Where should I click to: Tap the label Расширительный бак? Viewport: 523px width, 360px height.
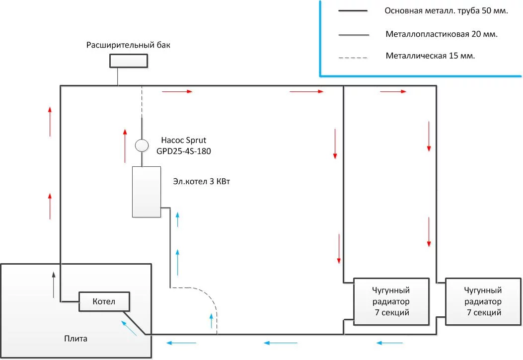(128, 45)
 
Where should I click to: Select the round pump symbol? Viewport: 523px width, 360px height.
(142, 145)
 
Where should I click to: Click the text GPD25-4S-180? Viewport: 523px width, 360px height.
(183, 151)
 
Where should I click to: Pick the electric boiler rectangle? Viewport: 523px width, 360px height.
(147, 192)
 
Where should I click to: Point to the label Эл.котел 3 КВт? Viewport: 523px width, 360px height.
(202, 181)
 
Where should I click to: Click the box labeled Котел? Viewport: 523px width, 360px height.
(104, 302)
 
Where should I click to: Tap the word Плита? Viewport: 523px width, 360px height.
(75, 339)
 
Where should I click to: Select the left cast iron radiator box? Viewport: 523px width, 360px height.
(391, 301)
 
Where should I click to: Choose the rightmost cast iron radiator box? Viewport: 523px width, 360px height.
(483, 301)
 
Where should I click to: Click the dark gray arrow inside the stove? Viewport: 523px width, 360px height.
(53, 285)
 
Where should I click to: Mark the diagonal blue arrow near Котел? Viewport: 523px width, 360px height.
(129, 328)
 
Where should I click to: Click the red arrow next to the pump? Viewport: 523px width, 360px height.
(125, 145)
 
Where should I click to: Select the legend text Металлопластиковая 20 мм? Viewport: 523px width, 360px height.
(442, 34)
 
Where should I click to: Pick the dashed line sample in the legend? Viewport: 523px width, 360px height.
(353, 58)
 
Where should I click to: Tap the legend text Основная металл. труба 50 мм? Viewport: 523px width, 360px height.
(447, 11)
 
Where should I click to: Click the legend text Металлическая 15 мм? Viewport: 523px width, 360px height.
(430, 56)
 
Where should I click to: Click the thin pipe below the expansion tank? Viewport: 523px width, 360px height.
(118, 76)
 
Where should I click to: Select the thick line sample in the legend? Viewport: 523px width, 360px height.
(353, 11)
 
